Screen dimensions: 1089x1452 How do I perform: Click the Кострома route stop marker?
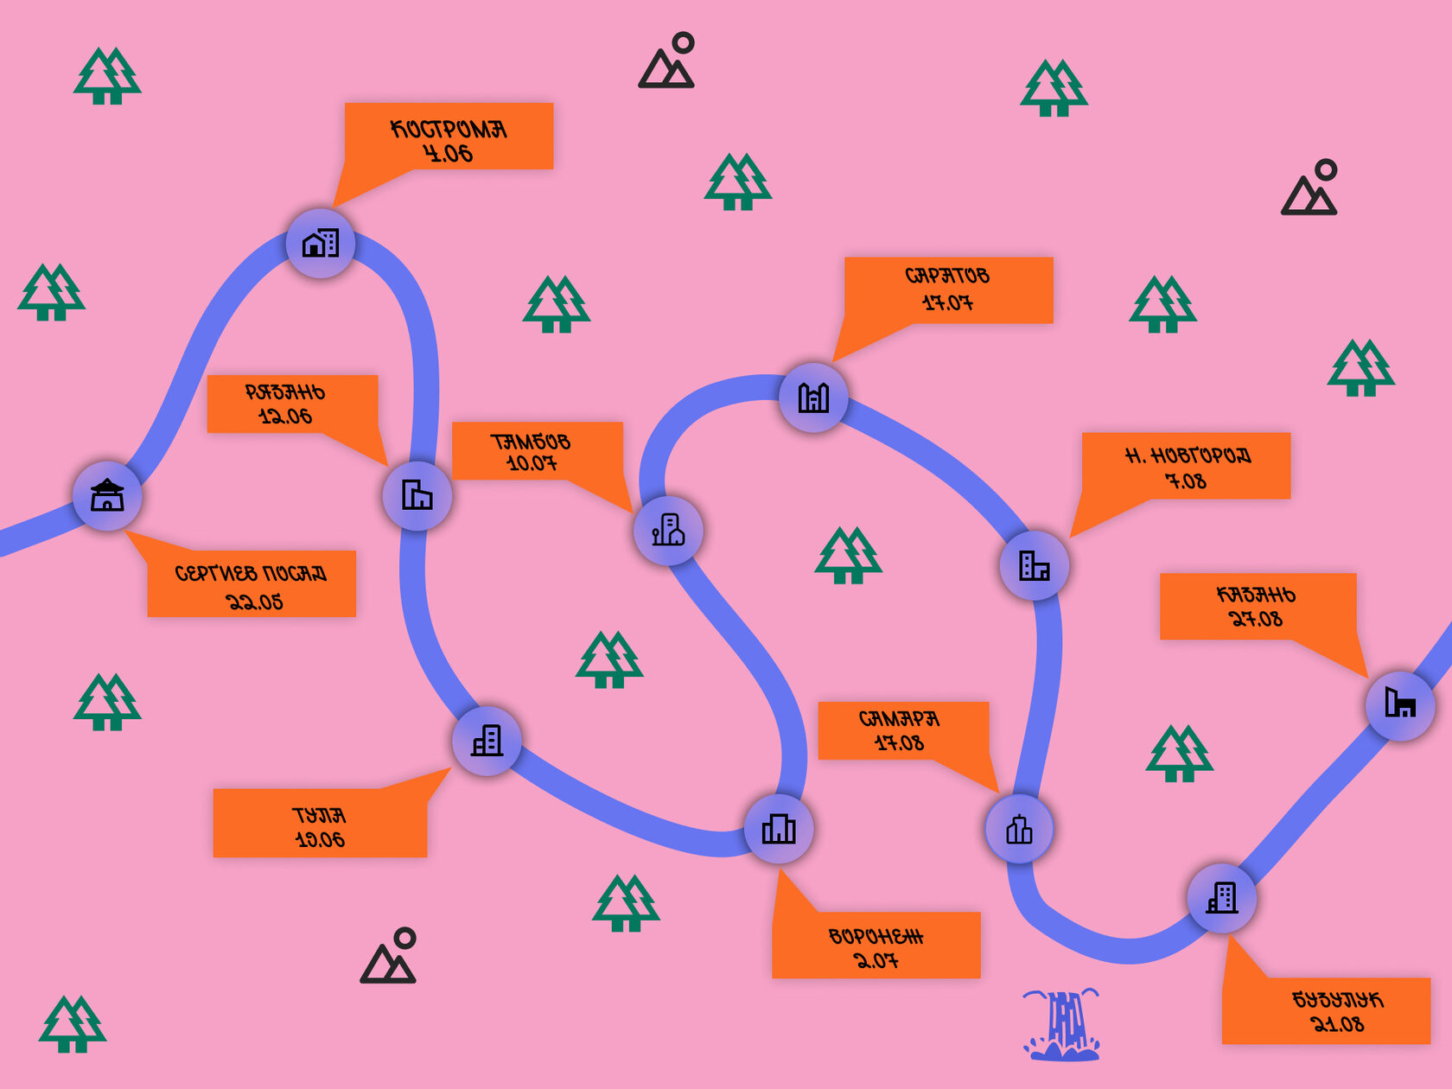click(x=321, y=243)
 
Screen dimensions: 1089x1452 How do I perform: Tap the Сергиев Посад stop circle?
click(x=107, y=496)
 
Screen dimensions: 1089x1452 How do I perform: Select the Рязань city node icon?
click(x=417, y=495)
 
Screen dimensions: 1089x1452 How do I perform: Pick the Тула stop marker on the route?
click(x=487, y=741)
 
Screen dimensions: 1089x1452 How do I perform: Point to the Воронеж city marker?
click(x=779, y=829)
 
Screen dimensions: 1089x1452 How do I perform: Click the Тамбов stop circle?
click(x=668, y=531)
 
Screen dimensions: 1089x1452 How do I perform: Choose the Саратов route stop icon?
click(x=813, y=398)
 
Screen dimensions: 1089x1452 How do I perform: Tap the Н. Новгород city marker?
click(x=1035, y=566)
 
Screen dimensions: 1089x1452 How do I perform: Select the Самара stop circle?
click(x=1020, y=829)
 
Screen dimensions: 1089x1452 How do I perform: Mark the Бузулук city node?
click(x=1222, y=898)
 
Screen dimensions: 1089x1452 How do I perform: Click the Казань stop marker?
click(x=1400, y=705)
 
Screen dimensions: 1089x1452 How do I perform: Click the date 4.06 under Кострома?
click(x=448, y=154)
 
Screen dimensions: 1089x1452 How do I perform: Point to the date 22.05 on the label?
click(x=254, y=602)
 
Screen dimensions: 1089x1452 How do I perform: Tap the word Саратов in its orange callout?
click(x=947, y=276)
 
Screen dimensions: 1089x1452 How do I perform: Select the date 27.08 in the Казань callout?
click(x=1256, y=619)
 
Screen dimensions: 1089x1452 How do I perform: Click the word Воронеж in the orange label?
click(x=876, y=937)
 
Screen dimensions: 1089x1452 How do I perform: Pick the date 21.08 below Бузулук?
click(x=1338, y=1024)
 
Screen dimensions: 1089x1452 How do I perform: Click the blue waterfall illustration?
click(x=1062, y=1025)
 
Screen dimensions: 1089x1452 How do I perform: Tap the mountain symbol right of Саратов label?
click(x=1309, y=188)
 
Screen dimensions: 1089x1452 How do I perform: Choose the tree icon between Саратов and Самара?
click(x=848, y=555)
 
